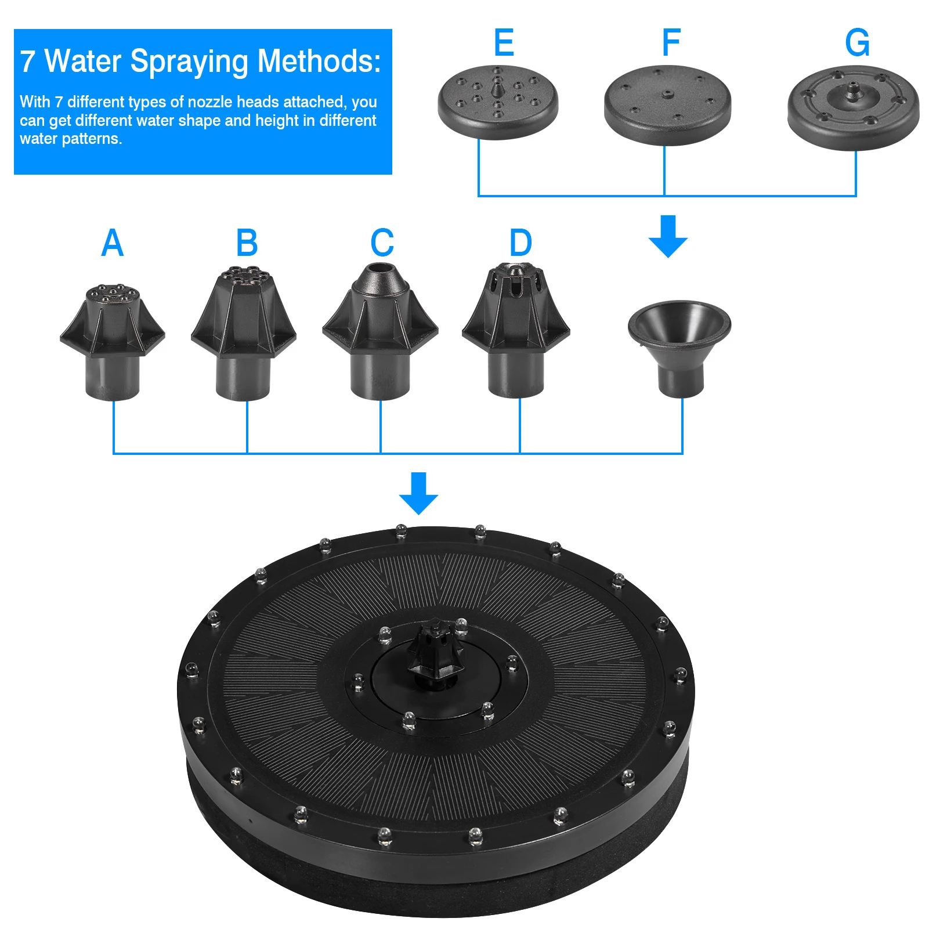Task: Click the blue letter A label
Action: tap(112, 243)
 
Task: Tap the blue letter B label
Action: tap(247, 243)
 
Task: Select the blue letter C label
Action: tap(382, 243)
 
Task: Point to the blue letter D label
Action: tap(520, 243)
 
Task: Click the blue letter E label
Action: tap(504, 43)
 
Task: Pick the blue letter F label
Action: tap(671, 43)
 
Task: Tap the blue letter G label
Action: tap(857, 43)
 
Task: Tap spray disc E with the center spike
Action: tap(498, 102)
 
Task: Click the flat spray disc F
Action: tap(667, 104)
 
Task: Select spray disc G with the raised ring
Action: tap(853, 107)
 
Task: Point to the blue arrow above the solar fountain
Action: tap(418, 493)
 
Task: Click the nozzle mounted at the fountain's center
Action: tap(435, 653)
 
